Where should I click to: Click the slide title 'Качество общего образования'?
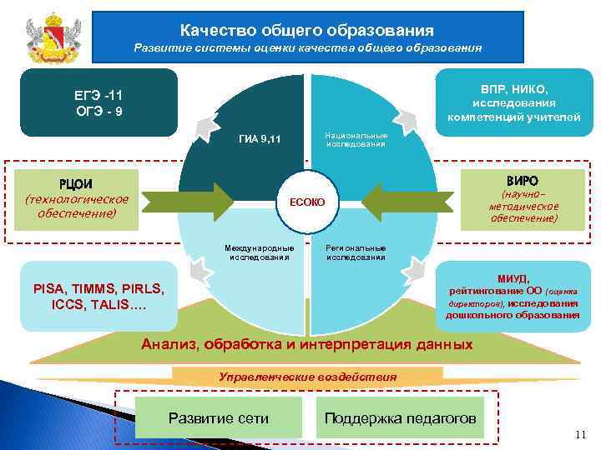point(307,30)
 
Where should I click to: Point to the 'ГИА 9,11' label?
point(260,138)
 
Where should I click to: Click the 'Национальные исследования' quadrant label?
point(356,138)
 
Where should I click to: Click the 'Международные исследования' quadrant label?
point(260,252)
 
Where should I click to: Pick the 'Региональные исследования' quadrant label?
point(356,252)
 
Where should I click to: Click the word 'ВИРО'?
point(523,181)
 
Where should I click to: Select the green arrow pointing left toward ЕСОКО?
point(401,201)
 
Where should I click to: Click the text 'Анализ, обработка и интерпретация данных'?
point(307,344)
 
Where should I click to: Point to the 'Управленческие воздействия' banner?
point(307,377)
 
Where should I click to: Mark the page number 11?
point(581,435)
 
